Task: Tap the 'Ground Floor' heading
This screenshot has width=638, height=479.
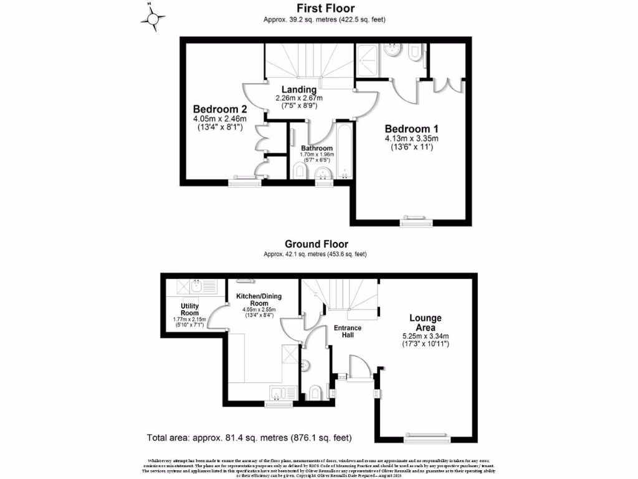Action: [317, 244]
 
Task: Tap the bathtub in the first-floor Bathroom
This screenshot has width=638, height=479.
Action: [344, 153]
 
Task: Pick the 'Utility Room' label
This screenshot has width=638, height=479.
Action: [189, 309]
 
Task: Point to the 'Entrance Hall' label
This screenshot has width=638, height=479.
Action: [347, 331]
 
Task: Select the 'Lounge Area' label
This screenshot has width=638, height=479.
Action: [426, 322]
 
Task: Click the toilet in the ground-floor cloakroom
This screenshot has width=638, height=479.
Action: [316, 392]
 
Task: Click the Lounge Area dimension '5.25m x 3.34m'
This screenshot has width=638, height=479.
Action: [426, 336]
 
